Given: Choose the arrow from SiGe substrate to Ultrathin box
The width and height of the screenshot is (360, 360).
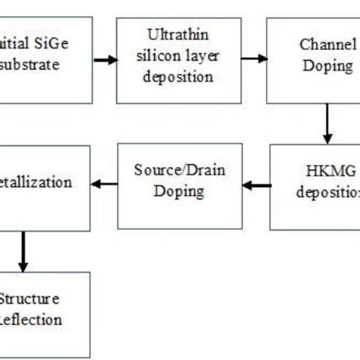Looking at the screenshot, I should click(105, 58).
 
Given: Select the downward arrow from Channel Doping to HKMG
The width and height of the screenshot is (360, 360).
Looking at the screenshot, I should click(327, 125).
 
